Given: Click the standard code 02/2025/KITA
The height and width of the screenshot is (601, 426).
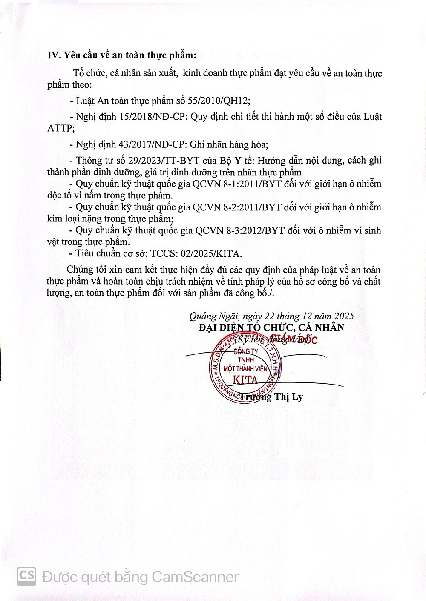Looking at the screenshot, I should (205, 254).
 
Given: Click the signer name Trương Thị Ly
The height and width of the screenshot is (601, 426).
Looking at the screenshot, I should (271, 397).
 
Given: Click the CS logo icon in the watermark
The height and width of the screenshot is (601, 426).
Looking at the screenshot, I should (26, 576).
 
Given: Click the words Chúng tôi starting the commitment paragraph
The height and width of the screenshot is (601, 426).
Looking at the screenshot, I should (83, 270).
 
